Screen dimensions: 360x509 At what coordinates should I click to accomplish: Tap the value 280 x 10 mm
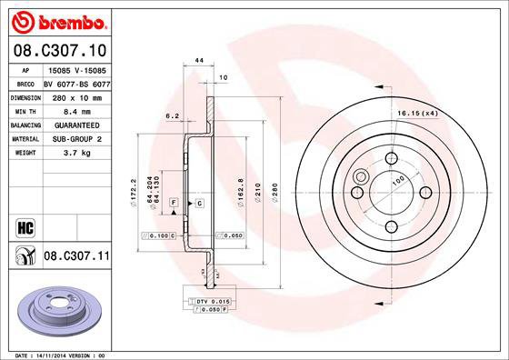(76, 96)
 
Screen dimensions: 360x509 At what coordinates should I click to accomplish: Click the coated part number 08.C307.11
(76, 257)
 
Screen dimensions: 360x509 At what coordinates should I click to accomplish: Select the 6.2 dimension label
(170, 116)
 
